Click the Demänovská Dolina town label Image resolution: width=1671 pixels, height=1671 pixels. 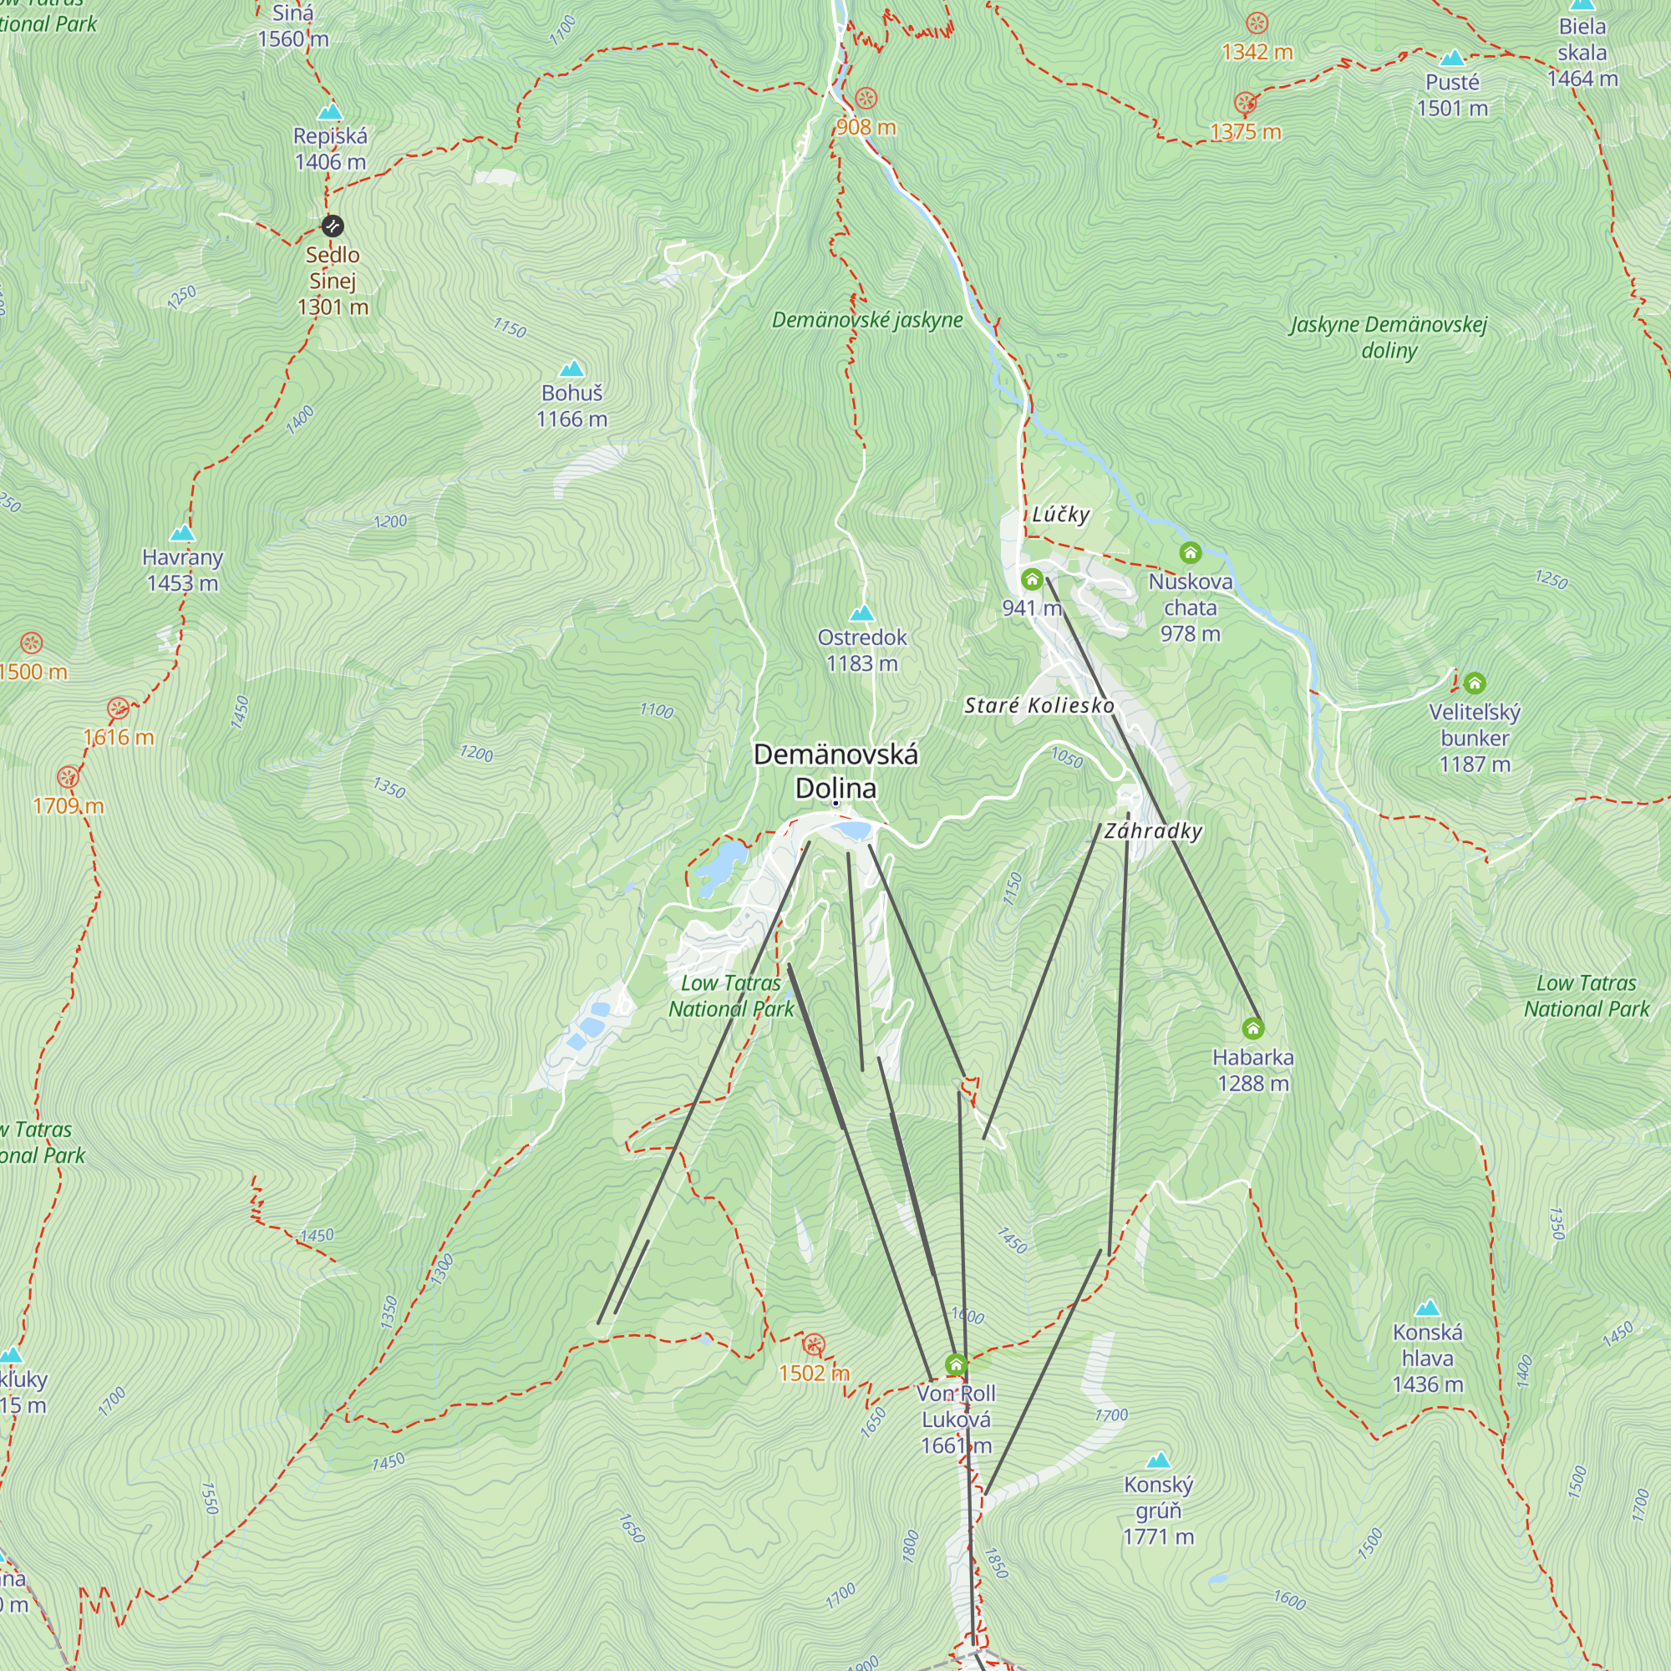(x=835, y=770)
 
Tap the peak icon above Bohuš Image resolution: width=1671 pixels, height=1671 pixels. (x=571, y=369)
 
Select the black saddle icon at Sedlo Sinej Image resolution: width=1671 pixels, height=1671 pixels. (x=333, y=226)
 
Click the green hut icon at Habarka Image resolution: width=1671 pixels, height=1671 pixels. (x=1253, y=1029)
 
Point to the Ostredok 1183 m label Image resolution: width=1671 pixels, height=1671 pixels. (x=861, y=650)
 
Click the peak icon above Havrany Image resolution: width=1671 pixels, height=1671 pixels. (x=182, y=533)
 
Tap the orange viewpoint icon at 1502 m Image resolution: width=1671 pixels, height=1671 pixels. (x=813, y=1344)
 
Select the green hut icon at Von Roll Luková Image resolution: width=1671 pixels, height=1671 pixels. (x=956, y=1365)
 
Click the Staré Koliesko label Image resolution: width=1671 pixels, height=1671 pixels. (x=1039, y=706)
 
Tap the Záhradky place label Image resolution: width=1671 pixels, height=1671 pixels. (x=1153, y=831)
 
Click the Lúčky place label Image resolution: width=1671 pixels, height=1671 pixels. (x=1060, y=515)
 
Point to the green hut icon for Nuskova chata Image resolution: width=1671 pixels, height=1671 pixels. (x=1190, y=552)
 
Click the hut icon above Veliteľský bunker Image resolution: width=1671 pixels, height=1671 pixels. (x=1475, y=683)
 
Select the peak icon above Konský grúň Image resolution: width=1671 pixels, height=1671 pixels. (x=1158, y=1460)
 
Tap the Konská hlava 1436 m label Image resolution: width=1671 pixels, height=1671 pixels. (x=1427, y=1358)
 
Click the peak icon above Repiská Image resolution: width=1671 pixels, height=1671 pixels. (x=330, y=112)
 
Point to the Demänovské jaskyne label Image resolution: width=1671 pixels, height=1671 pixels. (x=866, y=320)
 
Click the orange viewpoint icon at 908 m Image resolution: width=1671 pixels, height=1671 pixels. (x=866, y=98)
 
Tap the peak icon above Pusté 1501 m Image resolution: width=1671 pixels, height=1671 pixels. (x=1452, y=58)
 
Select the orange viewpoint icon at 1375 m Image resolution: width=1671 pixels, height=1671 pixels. (x=1246, y=104)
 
